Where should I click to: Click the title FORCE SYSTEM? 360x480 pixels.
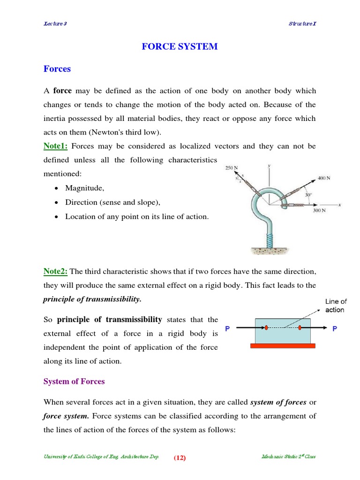[180, 46]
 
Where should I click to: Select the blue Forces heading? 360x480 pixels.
[57, 69]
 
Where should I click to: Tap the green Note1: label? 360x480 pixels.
[56, 146]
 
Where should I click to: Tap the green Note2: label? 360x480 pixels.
[56, 271]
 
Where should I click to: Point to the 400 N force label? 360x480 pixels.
[324, 178]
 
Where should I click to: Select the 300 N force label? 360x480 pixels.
[319, 211]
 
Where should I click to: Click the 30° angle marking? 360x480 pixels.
[308, 195]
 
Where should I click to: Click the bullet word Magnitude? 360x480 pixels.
[85, 188]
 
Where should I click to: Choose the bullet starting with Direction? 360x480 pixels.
[112, 202]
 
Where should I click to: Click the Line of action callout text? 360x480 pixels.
[336, 306]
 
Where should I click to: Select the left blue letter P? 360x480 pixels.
[227, 329]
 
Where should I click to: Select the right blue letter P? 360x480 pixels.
[335, 329]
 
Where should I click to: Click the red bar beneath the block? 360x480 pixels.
[283, 346]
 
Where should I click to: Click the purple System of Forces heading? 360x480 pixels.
[74, 382]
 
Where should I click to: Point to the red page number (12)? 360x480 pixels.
[180, 458]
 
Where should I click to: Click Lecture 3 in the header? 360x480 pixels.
[55, 24]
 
